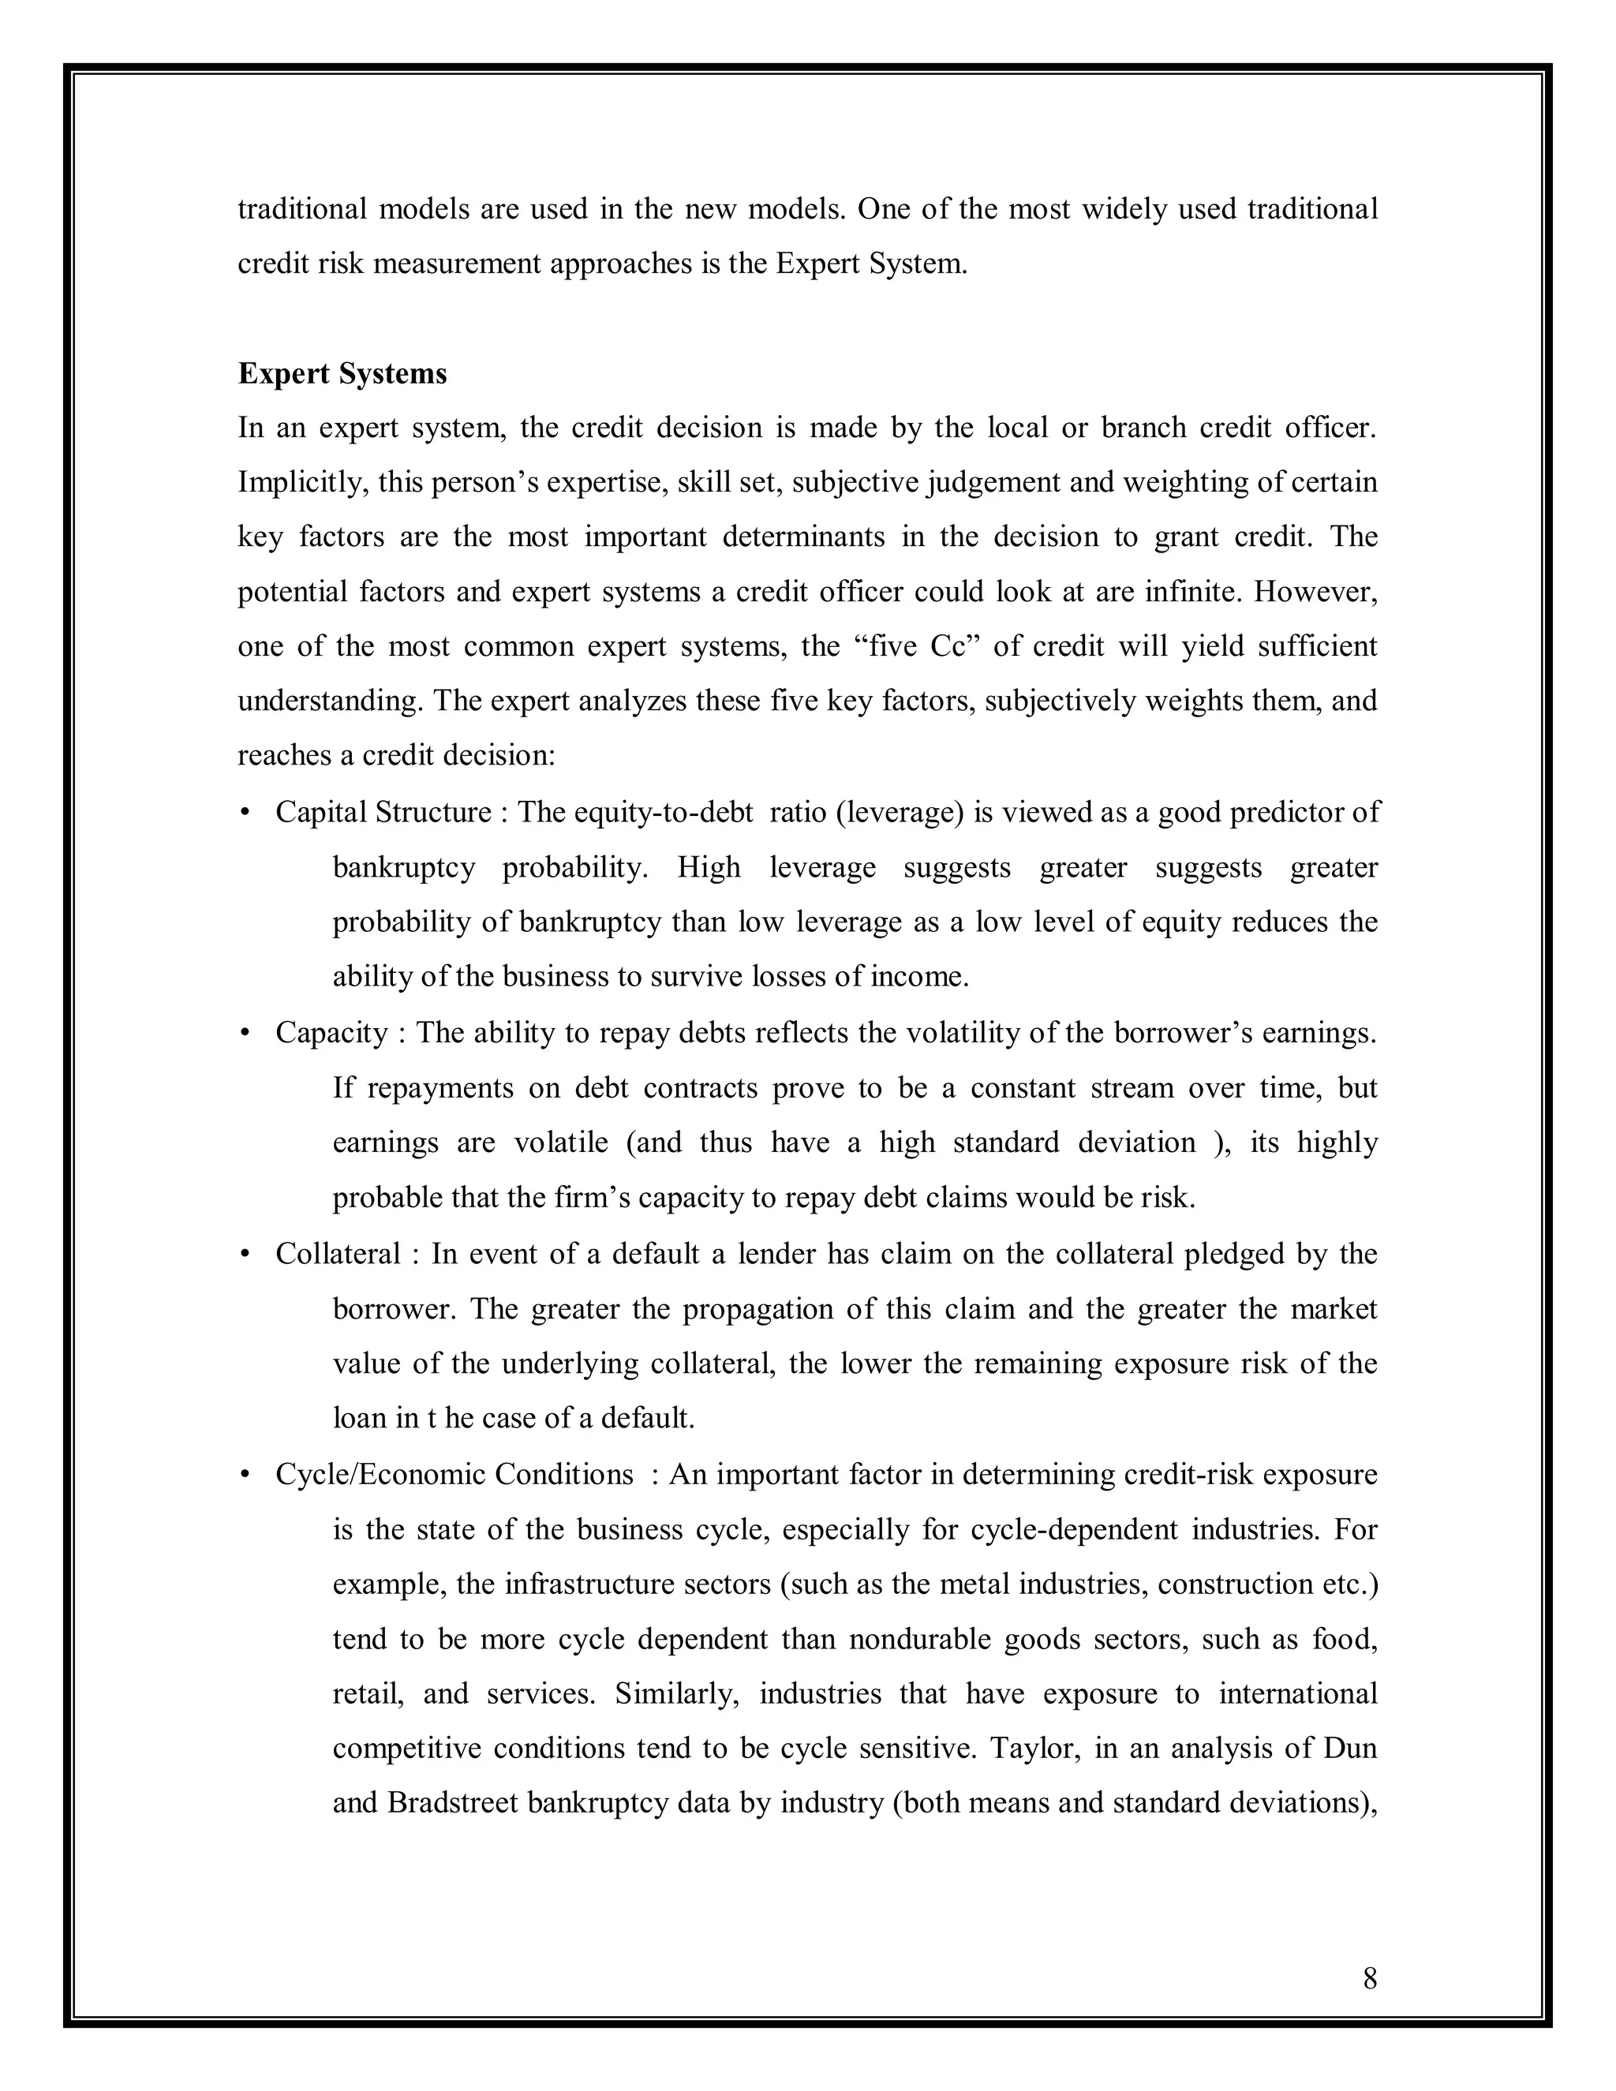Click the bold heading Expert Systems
pos(342,373)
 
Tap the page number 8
pos(1369,1978)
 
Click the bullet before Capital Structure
pos(245,813)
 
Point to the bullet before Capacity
pos(245,1033)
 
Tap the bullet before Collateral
pos(245,1255)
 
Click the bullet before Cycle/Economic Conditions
pos(245,1475)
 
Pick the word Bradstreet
pos(453,1803)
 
